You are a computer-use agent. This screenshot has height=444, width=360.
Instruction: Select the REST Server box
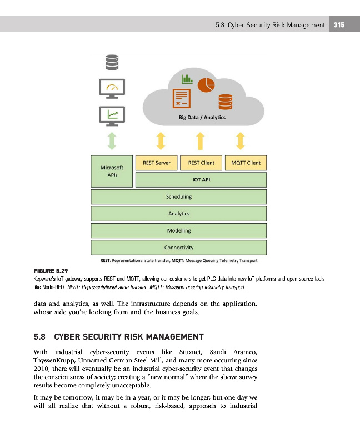click(156, 163)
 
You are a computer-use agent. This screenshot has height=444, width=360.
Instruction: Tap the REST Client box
click(202, 163)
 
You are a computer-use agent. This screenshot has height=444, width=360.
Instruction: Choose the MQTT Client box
click(246, 163)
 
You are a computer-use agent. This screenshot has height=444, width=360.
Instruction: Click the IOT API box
click(201, 180)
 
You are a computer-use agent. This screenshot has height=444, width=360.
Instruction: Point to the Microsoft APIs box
click(112, 170)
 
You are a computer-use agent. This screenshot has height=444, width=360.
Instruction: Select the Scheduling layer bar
click(179, 196)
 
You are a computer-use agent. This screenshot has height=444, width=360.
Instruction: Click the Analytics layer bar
click(179, 213)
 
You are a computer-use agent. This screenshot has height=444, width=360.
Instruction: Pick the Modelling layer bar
click(179, 230)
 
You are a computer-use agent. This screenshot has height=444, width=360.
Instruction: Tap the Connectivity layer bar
click(179, 247)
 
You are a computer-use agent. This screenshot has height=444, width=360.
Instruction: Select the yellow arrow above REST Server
click(161, 140)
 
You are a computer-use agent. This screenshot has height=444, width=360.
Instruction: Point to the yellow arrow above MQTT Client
click(241, 140)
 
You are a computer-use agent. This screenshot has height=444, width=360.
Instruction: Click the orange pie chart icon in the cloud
click(207, 84)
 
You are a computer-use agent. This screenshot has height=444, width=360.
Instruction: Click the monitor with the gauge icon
click(112, 88)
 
